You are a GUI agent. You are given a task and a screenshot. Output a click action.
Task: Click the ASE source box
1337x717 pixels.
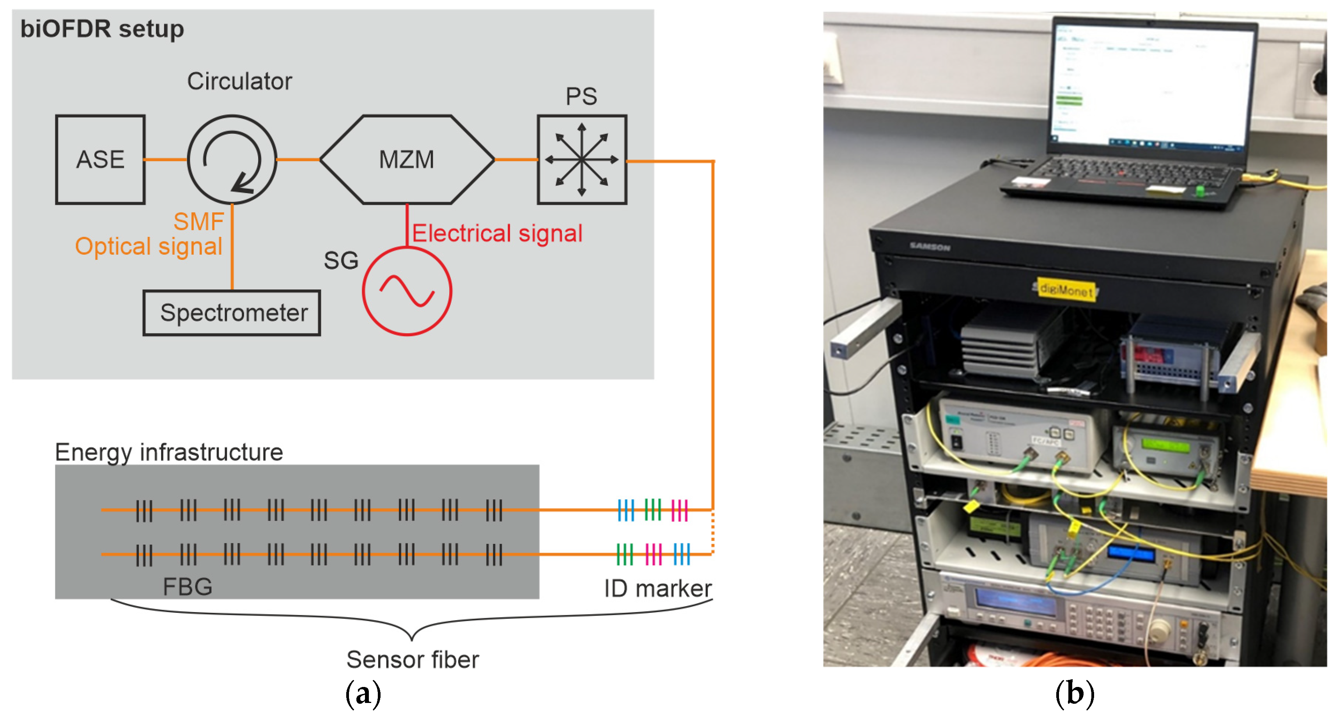pos(100,160)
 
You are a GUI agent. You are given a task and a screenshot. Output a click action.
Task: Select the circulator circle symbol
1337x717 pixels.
pos(232,160)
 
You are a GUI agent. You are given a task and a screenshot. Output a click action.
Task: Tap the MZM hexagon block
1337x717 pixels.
pos(406,160)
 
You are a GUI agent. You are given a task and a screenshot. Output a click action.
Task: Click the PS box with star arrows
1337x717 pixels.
pos(582,160)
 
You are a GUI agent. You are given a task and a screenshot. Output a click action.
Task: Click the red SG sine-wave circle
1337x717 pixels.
pos(407,291)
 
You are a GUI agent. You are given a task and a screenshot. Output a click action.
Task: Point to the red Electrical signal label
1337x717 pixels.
pos(497,233)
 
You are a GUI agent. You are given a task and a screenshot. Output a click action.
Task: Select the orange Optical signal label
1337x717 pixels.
pos(149,246)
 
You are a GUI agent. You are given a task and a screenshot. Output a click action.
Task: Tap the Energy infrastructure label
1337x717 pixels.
pos(169,452)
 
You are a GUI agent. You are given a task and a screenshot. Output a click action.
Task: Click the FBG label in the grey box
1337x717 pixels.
pos(188,587)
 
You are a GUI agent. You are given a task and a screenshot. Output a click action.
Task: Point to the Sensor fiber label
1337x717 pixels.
pos(413,659)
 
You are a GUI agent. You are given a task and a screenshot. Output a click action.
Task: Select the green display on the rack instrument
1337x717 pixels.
pos(1164,445)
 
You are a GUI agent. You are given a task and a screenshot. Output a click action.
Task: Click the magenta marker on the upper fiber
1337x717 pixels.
pos(679,510)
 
